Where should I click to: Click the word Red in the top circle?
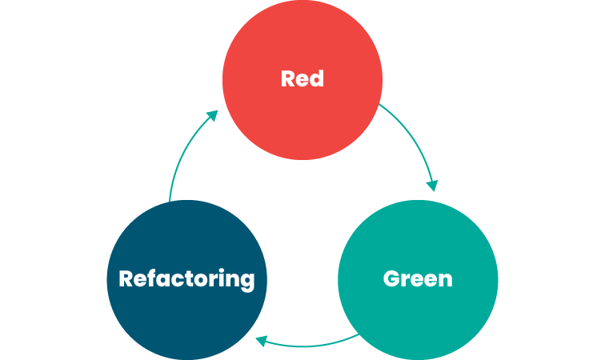tap(302, 78)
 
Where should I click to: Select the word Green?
tap(418, 278)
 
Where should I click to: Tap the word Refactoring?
tap(186, 279)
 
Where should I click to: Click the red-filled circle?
tap(302, 80)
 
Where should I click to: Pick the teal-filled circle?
tap(418, 280)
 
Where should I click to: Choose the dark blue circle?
tap(186, 280)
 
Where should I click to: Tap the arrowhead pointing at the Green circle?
tap(432, 186)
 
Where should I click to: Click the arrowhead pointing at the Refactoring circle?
tap(261, 341)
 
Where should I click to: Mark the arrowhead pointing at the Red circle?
tap(213, 115)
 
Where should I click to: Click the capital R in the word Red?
tap(288, 78)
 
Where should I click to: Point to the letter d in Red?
tap(317, 78)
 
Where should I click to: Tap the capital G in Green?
tap(391, 278)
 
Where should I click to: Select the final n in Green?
tap(446, 282)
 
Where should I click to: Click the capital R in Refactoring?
tap(126, 278)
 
